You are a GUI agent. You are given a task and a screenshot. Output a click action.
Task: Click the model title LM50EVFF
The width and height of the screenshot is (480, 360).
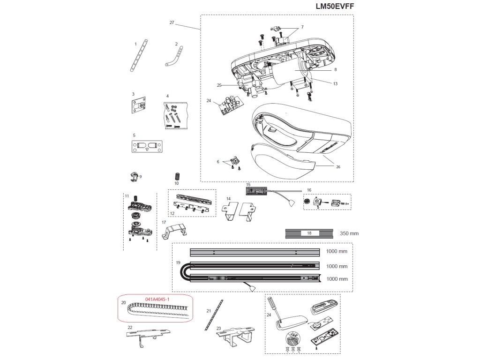(x=335, y=7)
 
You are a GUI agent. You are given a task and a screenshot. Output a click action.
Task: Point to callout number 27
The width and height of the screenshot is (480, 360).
(x=172, y=22)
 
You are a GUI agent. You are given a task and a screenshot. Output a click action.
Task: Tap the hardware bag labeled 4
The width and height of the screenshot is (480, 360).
(x=175, y=115)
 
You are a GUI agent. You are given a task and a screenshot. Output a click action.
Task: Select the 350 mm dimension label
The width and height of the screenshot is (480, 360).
(x=349, y=233)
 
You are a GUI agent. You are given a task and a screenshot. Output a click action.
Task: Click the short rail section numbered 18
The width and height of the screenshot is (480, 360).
(x=309, y=233)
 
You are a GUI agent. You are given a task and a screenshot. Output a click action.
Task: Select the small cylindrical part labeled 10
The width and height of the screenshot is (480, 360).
(x=177, y=176)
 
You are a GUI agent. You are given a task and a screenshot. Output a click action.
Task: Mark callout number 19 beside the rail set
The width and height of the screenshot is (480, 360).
(x=178, y=263)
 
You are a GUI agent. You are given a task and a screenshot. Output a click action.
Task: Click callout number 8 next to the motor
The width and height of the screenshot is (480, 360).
(x=335, y=69)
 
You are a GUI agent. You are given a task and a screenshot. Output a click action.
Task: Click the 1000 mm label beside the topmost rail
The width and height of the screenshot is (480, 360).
(x=337, y=252)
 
